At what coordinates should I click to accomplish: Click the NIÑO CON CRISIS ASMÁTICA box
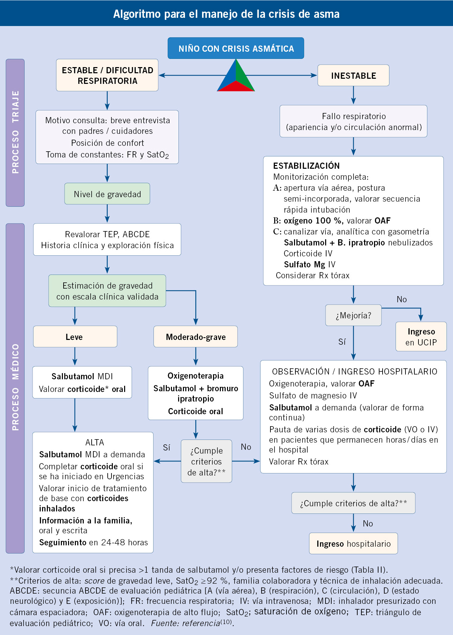(x=236, y=48)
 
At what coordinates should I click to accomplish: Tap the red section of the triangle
(x=236, y=87)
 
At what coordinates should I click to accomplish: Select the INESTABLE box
(x=353, y=76)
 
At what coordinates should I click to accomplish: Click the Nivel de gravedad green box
(x=107, y=194)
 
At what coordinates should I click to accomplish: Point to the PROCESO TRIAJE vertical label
(x=15, y=132)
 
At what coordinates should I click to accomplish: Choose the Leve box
(x=75, y=337)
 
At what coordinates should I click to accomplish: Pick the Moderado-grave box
(x=196, y=337)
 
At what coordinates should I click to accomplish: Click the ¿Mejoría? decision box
(x=353, y=315)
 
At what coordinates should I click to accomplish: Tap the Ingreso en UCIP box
(x=421, y=337)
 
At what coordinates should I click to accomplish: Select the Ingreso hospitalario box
(x=353, y=544)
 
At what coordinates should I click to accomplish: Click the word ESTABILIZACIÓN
(x=306, y=166)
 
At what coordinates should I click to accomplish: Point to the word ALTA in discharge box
(x=95, y=443)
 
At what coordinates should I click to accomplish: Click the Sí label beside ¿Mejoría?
(x=342, y=342)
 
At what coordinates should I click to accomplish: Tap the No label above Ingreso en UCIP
(x=402, y=300)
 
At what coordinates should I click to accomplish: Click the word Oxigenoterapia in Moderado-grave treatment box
(x=196, y=376)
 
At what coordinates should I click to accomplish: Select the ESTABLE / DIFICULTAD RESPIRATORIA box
(x=107, y=75)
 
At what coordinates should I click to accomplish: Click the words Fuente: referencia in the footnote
(x=185, y=623)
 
